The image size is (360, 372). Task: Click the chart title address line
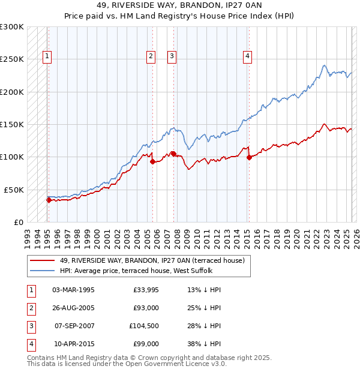pyautogui.click(x=179, y=5)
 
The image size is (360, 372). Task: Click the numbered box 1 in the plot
pyautogui.click(x=47, y=56)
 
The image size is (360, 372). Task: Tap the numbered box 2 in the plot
pyautogui.click(x=151, y=56)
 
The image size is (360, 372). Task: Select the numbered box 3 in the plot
pyautogui.click(x=172, y=56)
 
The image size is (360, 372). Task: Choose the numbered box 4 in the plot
pyautogui.click(x=247, y=56)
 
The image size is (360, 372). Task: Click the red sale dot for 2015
pyautogui.click(x=249, y=158)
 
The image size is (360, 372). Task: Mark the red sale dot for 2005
pyautogui.click(x=153, y=161)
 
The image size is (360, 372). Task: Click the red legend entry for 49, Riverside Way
pyautogui.click(x=152, y=261)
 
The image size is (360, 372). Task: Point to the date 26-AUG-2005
pyautogui.click(x=73, y=308)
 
